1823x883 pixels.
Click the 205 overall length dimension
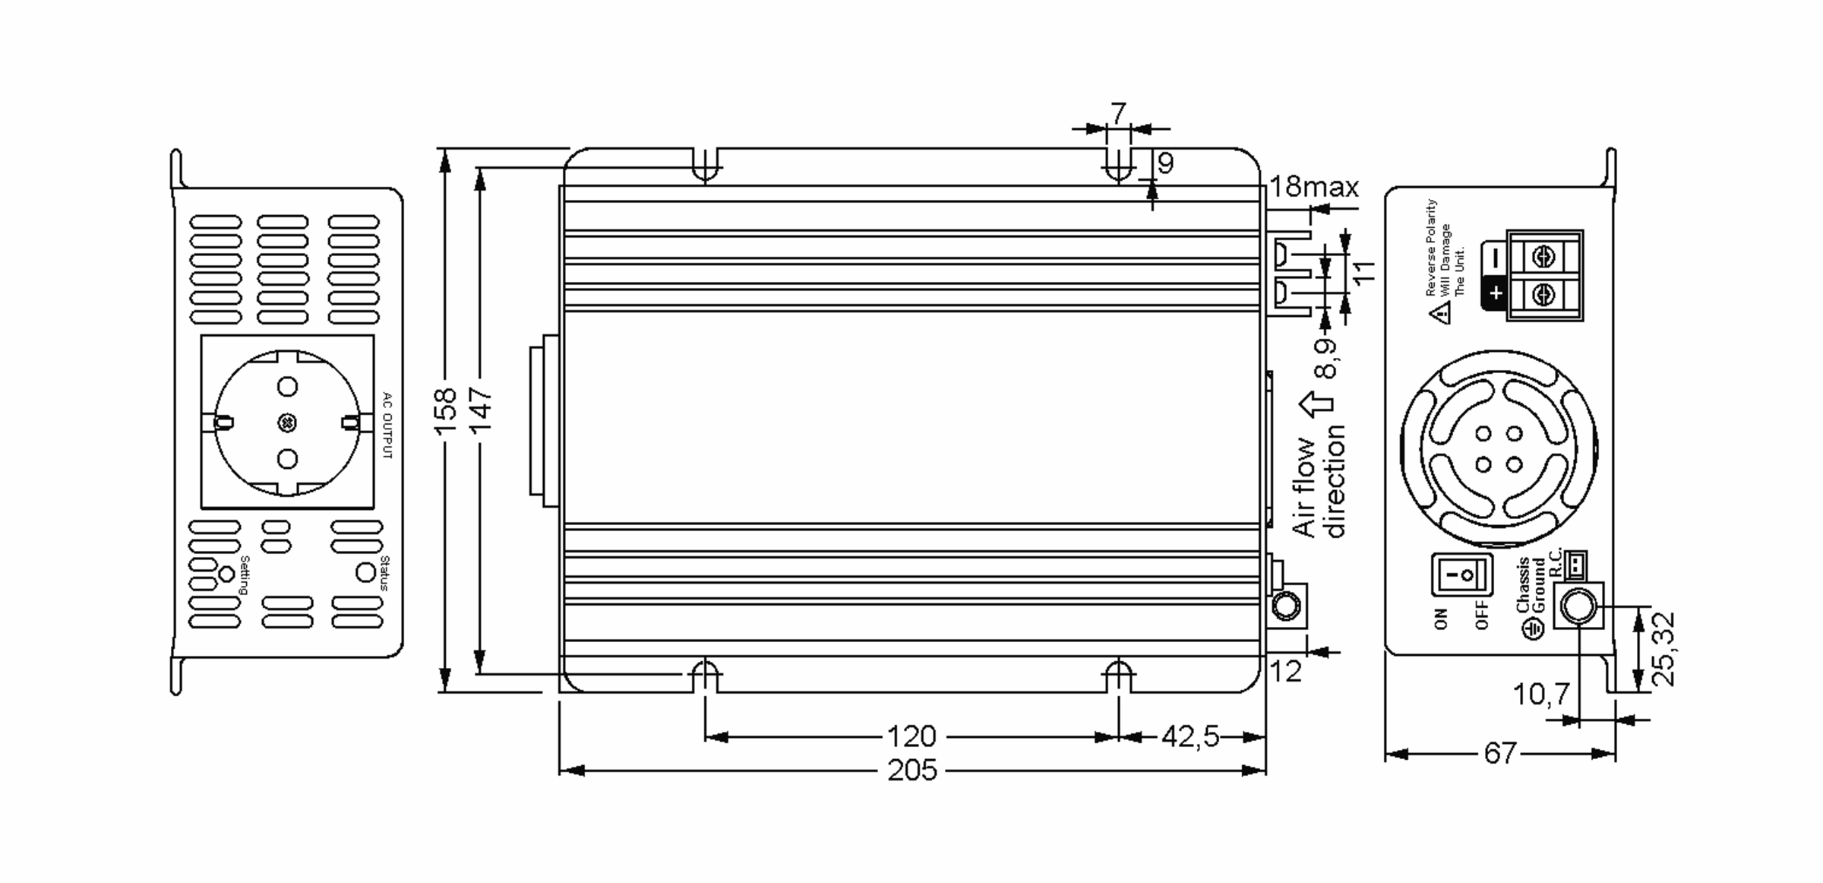[x=912, y=771]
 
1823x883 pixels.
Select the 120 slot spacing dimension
[x=912, y=736]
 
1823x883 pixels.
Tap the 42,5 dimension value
[x=1190, y=736]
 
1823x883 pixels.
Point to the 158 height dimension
[x=446, y=411]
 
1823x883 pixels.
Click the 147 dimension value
[x=481, y=409]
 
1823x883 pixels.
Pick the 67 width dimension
[x=1500, y=753]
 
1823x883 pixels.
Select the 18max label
[x=1314, y=186]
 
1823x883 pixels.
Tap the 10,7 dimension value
[x=1541, y=693]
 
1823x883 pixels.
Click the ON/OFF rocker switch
[x=1462, y=574]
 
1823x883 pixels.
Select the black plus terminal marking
[x=1496, y=293]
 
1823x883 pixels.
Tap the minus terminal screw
[x=1544, y=258]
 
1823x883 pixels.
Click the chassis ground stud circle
[x=1578, y=606]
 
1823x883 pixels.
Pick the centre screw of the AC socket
[x=287, y=423]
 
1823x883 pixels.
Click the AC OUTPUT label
[x=387, y=425]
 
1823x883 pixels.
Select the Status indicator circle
[x=365, y=572]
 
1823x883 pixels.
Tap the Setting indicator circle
[x=226, y=574]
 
